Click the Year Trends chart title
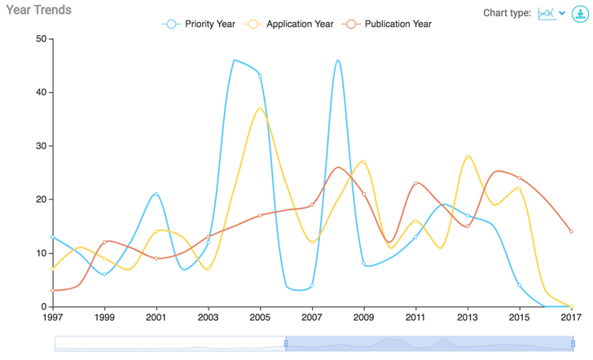[x=39, y=11]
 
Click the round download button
[x=579, y=13]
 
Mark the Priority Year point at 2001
[x=156, y=194]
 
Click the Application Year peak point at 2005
[x=261, y=108]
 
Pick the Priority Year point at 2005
[x=261, y=76]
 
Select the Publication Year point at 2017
[x=571, y=231]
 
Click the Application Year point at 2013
[x=468, y=156]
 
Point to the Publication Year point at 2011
[x=415, y=183]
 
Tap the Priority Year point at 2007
[x=312, y=285]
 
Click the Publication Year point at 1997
[x=53, y=290]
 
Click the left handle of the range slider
[x=286, y=344]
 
